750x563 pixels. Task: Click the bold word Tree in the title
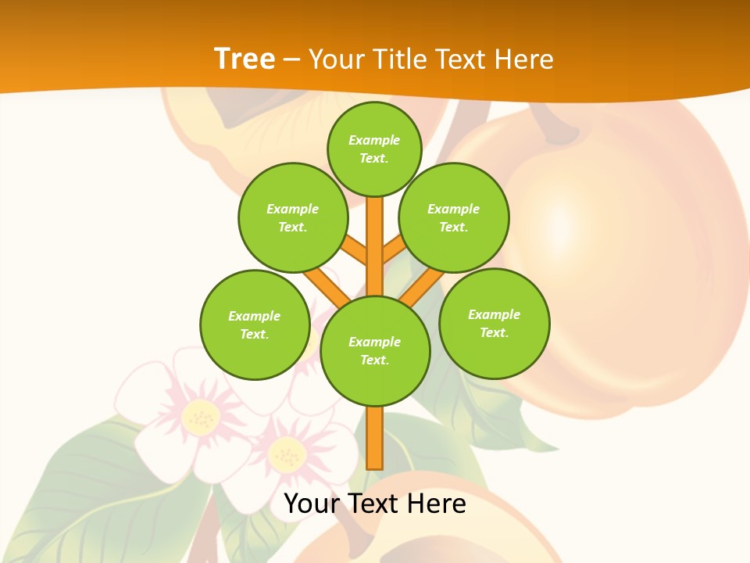coord(245,59)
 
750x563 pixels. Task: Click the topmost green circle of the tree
coord(374,149)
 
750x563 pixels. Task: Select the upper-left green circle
coord(292,217)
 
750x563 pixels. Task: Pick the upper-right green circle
coord(453,217)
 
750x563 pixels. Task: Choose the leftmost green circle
coord(255,325)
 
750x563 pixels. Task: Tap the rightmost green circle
coord(494,323)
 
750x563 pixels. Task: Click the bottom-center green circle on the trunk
coord(375,350)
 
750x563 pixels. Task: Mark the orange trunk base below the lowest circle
coord(375,438)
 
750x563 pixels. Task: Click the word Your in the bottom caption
coord(312,504)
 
